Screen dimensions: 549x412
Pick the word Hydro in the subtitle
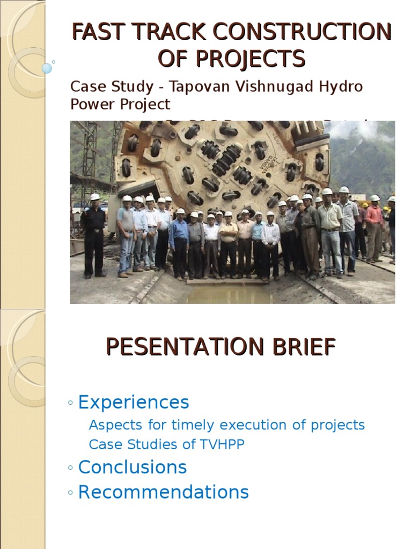click(x=341, y=87)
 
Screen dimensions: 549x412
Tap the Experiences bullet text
click(x=134, y=402)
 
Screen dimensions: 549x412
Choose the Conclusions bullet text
click(x=133, y=467)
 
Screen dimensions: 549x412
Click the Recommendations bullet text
click(x=163, y=492)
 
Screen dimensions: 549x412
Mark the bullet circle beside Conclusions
click(x=71, y=468)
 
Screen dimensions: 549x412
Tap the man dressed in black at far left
click(x=94, y=236)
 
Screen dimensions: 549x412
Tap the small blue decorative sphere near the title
click(x=47, y=69)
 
